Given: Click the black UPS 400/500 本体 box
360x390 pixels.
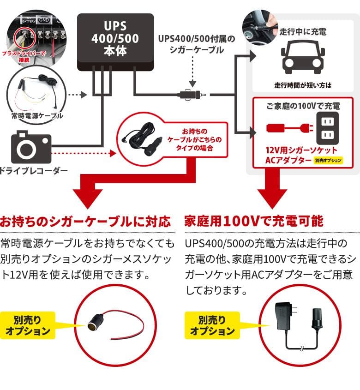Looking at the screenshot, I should [114, 42].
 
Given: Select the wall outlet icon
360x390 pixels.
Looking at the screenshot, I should [328, 129].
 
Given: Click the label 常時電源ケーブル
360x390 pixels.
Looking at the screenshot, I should [36, 116].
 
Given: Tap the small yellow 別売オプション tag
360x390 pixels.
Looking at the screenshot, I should [329, 161].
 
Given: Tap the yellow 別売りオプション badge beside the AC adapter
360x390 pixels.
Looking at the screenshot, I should [212, 325].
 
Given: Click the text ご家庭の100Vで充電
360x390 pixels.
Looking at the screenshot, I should [303, 106].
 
